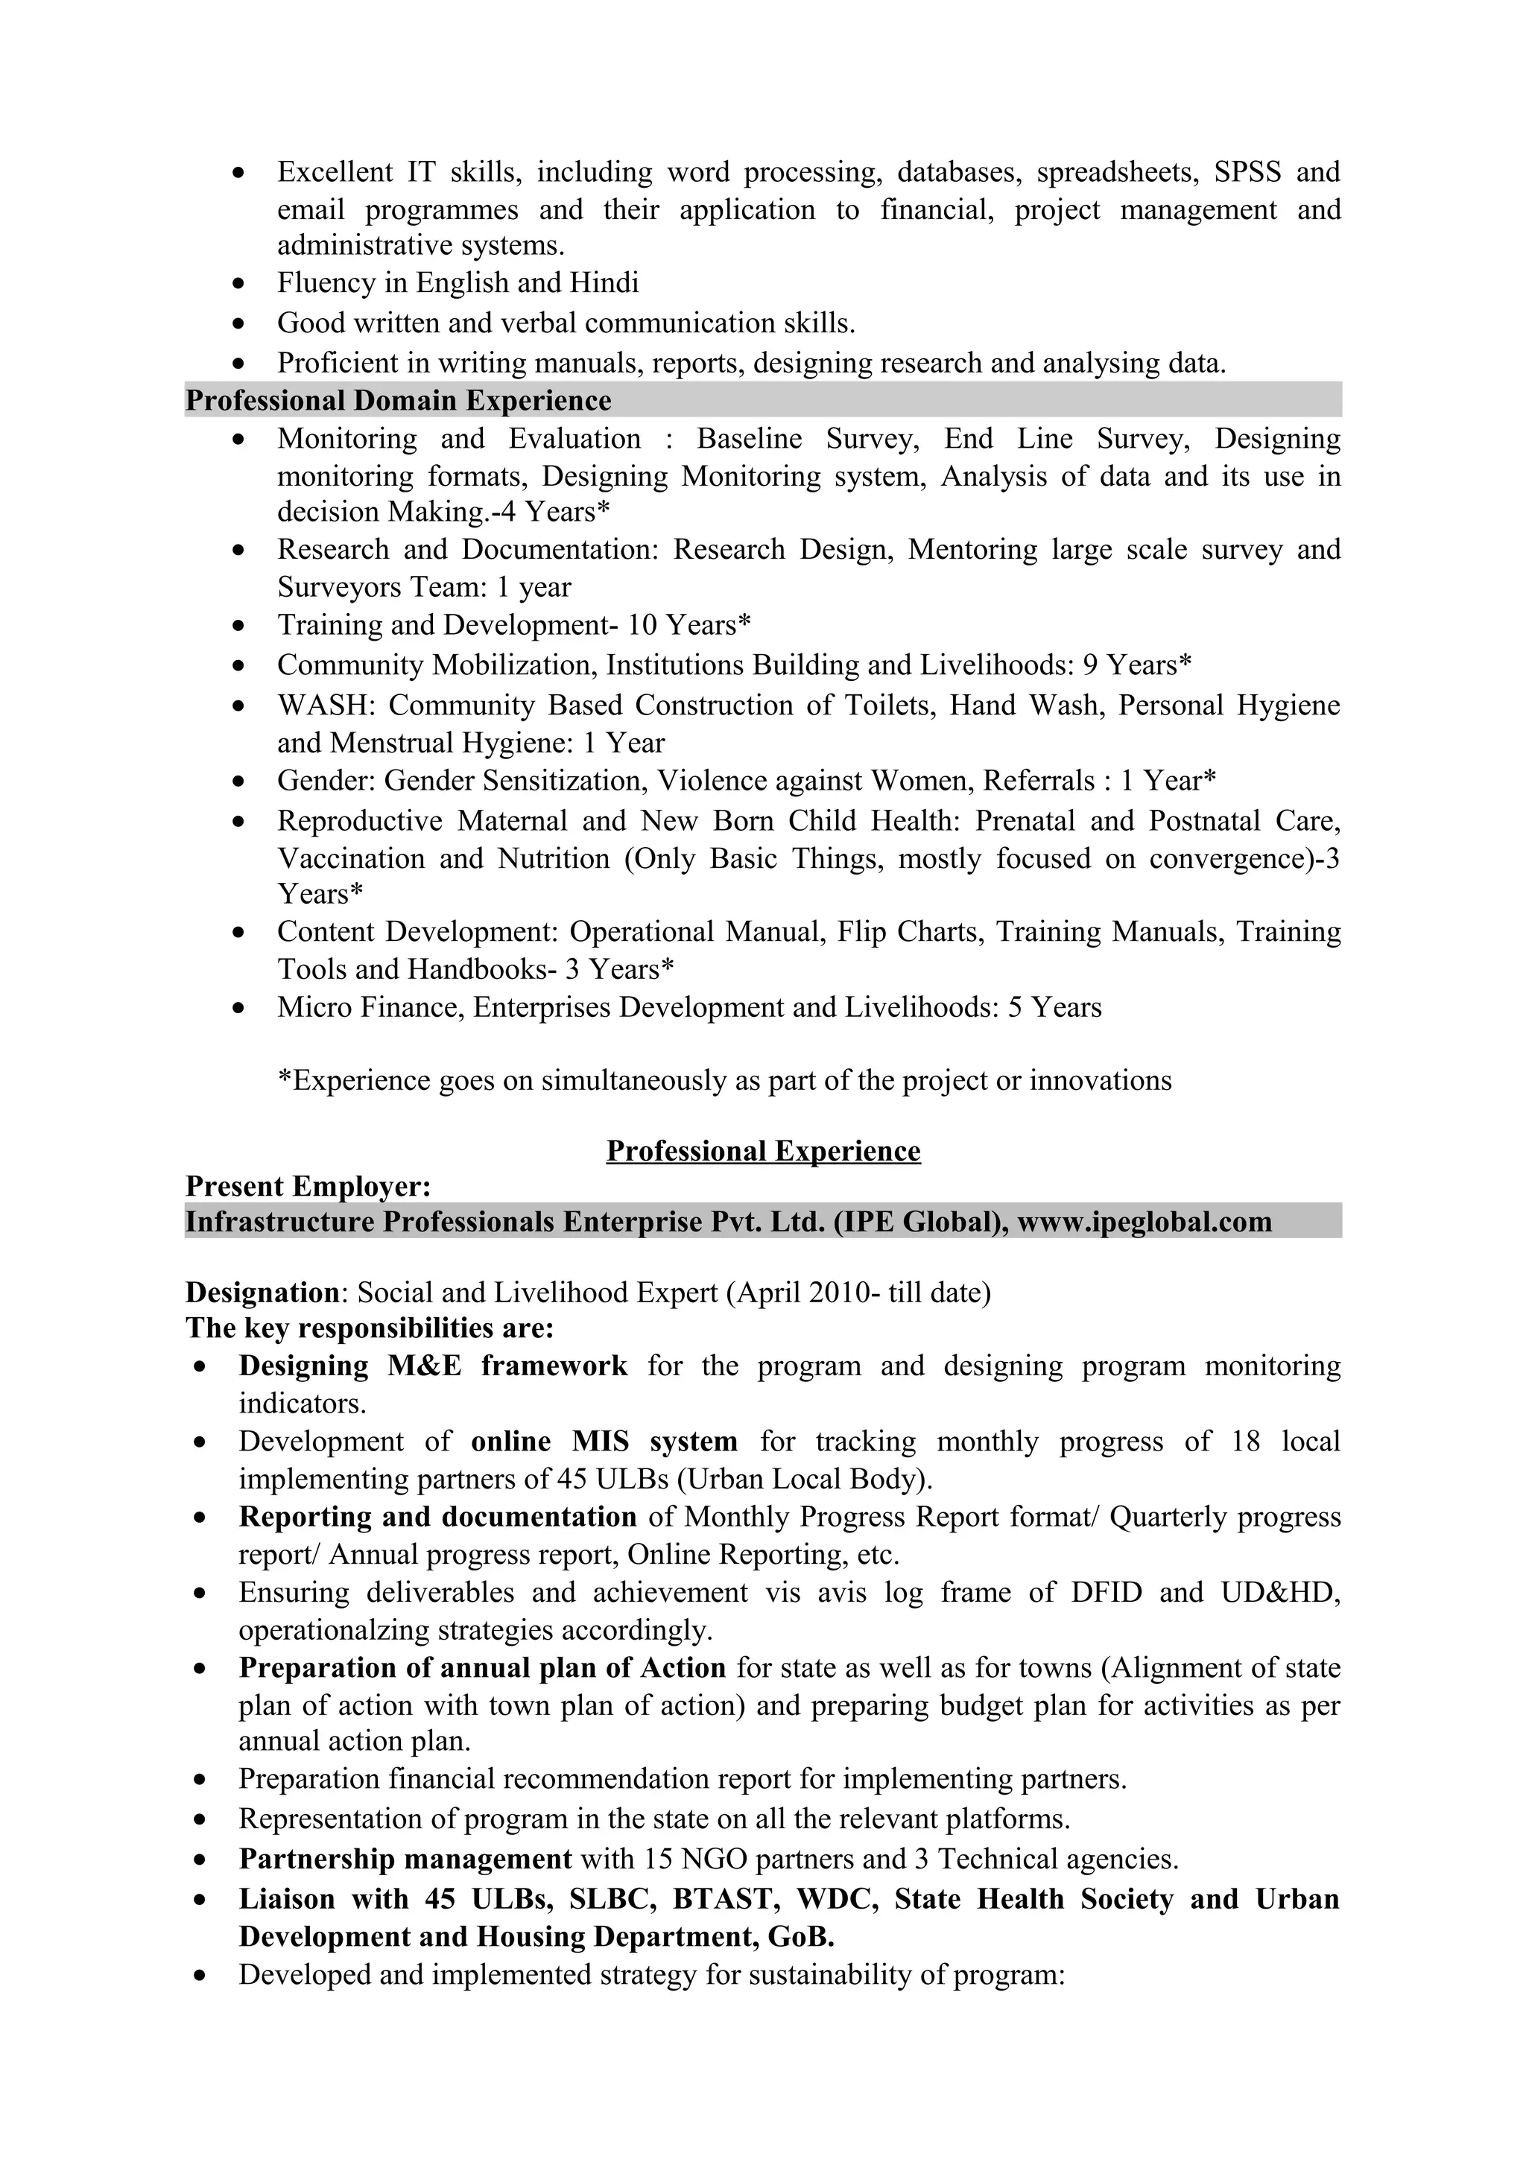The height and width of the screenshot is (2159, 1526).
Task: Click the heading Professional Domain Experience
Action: click(x=398, y=401)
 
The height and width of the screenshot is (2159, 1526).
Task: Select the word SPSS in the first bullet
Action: click(x=1247, y=172)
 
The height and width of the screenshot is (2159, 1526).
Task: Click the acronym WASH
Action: click(x=326, y=706)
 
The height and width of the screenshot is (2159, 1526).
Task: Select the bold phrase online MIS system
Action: click(x=604, y=1442)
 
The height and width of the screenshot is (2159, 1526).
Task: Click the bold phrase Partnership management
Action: click(x=405, y=1859)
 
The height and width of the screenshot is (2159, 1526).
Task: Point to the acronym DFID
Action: click(x=1106, y=1592)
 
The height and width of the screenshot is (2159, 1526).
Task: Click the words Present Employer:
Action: click(x=308, y=1187)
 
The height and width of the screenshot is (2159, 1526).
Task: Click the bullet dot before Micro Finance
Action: click(x=241, y=1009)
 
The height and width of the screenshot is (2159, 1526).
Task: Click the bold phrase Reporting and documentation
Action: click(x=437, y=1517)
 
